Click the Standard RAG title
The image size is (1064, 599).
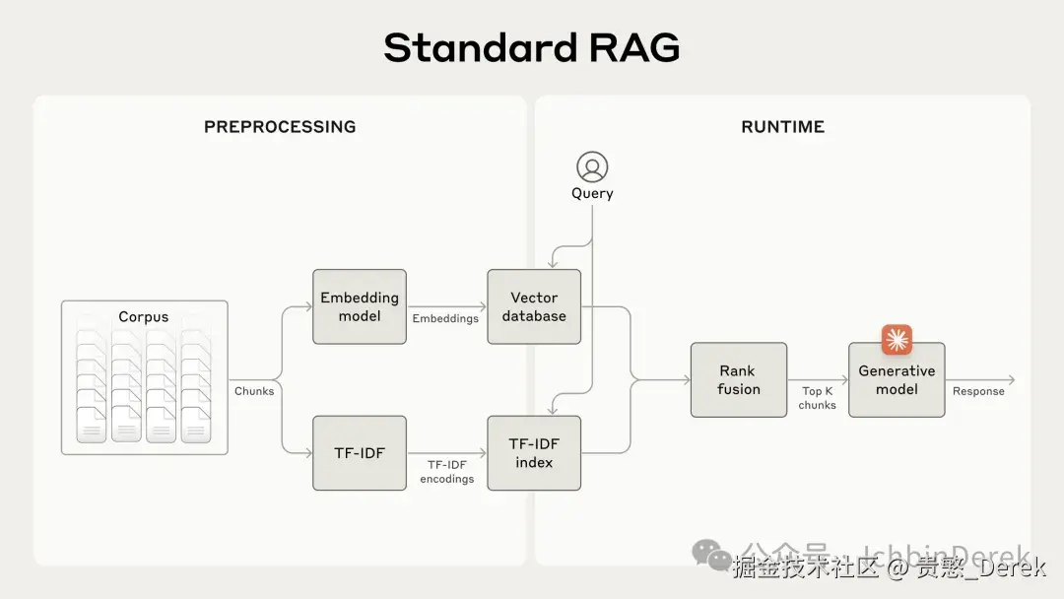tap(531, 47)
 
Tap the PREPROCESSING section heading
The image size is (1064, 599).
tap(280, 127)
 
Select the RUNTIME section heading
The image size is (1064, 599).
tap(782, 127)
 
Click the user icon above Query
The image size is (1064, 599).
tap(592, 166)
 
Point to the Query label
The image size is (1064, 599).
tap(592, 194)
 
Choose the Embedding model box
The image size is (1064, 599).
tap(360, 306)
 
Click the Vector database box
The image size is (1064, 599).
tap(534, 306)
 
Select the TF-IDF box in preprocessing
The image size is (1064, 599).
tap(360, 453)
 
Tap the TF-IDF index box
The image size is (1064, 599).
tap(534, 453)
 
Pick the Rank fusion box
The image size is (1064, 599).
tap(739, 379)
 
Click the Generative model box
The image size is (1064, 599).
tap(897, 379)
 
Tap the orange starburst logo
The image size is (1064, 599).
tap(897, 340)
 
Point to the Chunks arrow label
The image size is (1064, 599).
tap(254, 391)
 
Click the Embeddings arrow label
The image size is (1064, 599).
tap(445, 318)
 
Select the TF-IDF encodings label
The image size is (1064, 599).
tap(446, 472)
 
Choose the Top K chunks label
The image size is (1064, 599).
tap(817, 398)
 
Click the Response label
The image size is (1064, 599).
tap(978, 391)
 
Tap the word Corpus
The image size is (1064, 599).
tap(144, 317)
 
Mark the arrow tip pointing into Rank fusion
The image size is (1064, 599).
tap(687, 379)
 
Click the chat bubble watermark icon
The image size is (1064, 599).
tap(711, 555)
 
